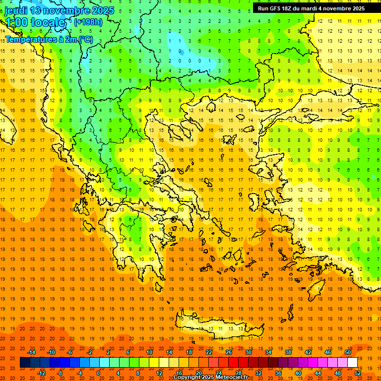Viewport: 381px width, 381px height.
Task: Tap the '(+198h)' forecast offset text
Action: [88, 22]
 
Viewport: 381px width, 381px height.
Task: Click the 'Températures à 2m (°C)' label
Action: [49, 39]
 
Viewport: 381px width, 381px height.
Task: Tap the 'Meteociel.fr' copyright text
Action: [232, 377]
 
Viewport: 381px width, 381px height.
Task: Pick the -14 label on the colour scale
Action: [31, 352]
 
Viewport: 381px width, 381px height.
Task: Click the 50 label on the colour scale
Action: [348, 352]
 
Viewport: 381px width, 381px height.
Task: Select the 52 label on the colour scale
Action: [358, 373]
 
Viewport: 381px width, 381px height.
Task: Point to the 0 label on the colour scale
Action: [98, 373]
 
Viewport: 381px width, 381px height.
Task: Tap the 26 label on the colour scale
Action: [229, 352]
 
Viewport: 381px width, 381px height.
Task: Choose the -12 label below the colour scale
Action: [41, 373]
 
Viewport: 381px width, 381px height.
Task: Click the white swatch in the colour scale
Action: [353, 363]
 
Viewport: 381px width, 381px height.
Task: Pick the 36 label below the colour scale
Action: [278, 373]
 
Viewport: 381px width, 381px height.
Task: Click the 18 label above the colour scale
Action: [189, 352]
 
